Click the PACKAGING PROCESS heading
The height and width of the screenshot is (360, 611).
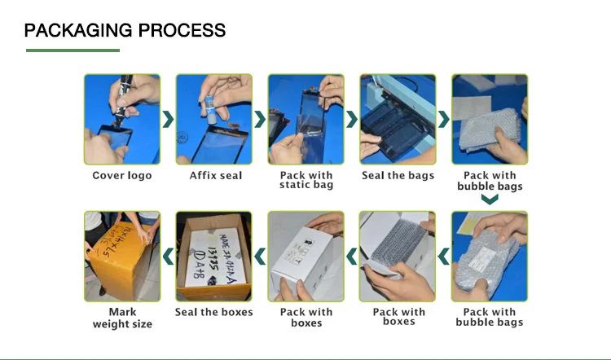click(x=125, y=31)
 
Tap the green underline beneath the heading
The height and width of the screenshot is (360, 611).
click(x=73, y=50)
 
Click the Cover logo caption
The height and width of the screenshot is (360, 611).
click(x=121, y=175)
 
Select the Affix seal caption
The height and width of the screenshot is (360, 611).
click(x=216, y=175)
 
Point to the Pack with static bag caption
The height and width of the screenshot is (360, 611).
click(x=306, y=180)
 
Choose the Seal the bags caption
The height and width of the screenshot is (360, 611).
click(x=398, y=175)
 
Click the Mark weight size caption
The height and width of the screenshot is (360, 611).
click(x=122, y=318)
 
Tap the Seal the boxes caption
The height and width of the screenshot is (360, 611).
click(x=214, y=312)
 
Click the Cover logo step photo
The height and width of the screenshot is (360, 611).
click(x=122, y=120)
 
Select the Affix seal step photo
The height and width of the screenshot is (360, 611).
click(x=214, y=120)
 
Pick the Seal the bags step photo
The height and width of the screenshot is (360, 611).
click(x=398, y=120)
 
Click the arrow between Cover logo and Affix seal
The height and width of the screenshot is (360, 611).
click(x=169, y=120)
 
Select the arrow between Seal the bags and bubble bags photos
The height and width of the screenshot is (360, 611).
click(x=444, y=120)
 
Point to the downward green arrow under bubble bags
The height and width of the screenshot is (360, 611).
click(x=489, y=200)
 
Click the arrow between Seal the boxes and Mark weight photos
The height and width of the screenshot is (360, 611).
click(x=169, y=257)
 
